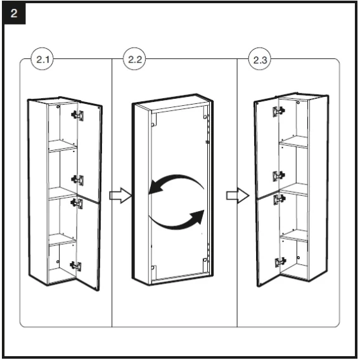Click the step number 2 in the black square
pos(14,13)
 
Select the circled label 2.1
pos(42,59)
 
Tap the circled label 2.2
pos(134,59)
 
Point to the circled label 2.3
pos(260,60)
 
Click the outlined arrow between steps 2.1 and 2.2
pos(120,196)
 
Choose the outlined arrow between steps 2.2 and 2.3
pos(238,195)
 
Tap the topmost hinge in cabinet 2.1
pos(77,115)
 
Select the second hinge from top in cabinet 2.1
pos(77,180)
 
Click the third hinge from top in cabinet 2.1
pos(77,203)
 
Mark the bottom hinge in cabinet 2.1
pos(76,266)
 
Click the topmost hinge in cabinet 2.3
pos(279,112)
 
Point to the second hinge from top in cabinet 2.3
pos(279,176)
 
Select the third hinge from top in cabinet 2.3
pos(280,199)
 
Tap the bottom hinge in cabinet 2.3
pos(281,262)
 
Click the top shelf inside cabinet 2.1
pos(63,146)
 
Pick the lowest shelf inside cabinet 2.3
pos(294,235)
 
